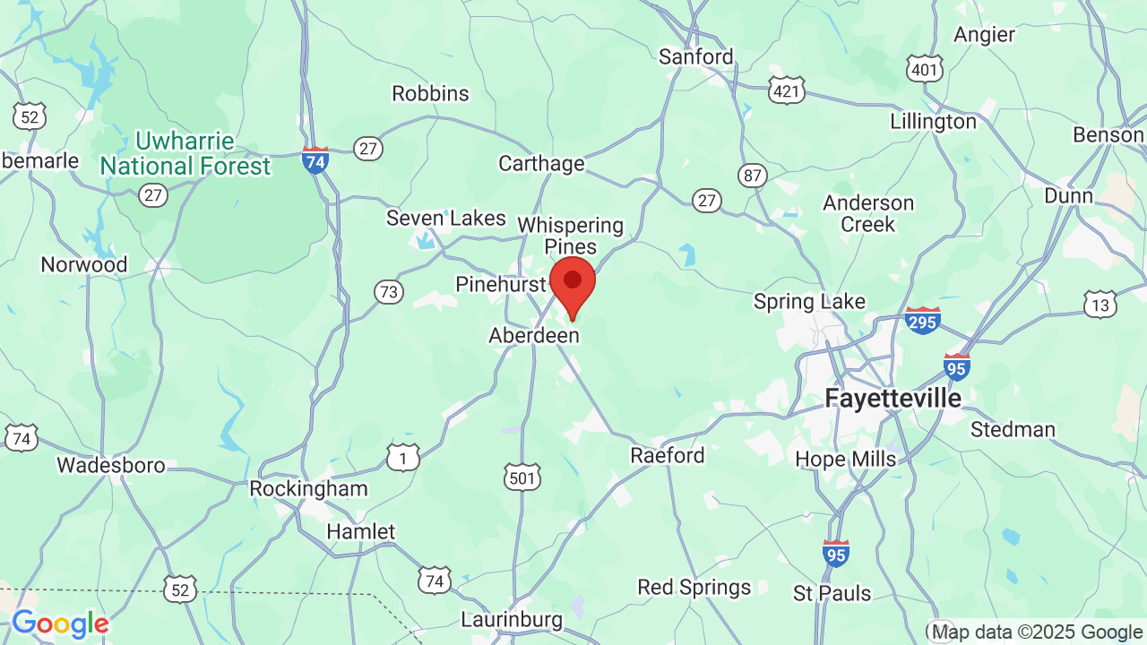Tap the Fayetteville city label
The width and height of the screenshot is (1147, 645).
[893, 398]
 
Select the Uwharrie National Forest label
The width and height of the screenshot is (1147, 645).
[185, 154]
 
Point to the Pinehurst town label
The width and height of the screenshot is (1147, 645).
[501, 284]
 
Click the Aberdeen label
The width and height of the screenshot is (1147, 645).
[534, 335]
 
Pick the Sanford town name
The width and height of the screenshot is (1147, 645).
[695, 56]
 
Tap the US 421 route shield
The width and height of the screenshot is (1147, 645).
[786, 90]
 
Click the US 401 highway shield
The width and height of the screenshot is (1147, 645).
[925, 68]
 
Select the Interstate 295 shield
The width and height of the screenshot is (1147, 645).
[923, 320]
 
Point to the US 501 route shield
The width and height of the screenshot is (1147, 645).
[522, 477]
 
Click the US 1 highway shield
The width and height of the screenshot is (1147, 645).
[403, 458]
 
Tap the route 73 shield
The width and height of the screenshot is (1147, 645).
[389, 292]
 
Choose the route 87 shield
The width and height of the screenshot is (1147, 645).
[753, 175]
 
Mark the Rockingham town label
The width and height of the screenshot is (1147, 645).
[308, 488]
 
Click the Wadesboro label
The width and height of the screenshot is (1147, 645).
[111, 465]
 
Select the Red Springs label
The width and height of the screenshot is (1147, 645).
[694, 588]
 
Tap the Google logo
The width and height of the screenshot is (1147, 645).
[60, 623]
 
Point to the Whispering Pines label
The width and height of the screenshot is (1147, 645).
[570, 236]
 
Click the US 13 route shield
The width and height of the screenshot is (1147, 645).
[1100, 305]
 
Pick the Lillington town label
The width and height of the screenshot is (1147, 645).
[933, 121]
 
